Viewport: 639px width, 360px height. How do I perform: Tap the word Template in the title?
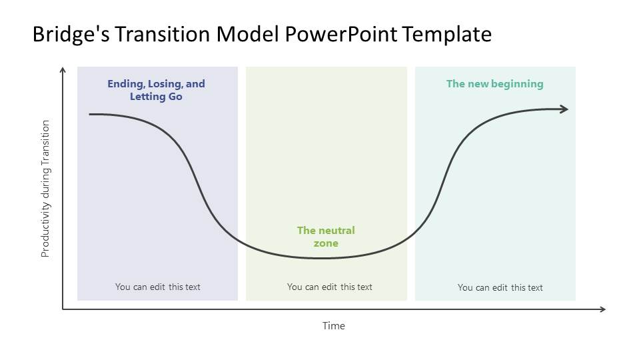[446, 34]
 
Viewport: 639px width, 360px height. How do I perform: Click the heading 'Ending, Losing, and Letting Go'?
[157, 90]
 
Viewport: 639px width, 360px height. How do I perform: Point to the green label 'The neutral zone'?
[326, 237]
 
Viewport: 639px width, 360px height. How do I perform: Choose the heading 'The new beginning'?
[494, 84]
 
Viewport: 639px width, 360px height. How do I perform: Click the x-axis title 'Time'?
[334, 326]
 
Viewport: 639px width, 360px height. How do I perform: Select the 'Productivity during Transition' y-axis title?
[45, 189]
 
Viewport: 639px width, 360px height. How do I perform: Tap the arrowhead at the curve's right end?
[564, 109]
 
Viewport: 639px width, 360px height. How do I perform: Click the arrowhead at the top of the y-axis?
[63, 69]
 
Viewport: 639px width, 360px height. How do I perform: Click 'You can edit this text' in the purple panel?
[157, 287]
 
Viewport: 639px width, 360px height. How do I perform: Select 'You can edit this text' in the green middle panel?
[329, 287]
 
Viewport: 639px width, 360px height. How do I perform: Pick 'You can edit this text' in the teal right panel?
[500, 287]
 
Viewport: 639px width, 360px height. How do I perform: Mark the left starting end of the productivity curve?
[91, 114]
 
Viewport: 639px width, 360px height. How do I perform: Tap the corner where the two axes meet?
[63, 309]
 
